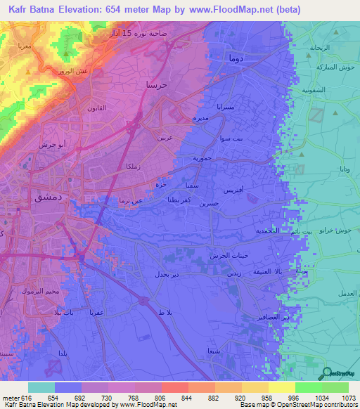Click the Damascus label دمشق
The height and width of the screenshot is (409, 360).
click(49, 198)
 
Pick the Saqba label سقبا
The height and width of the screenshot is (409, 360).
click(191, 186)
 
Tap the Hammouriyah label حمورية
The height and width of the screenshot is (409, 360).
click(207, 159)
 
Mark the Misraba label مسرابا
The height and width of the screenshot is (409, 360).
click(229, 107)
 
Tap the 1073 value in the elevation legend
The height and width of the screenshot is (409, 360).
click(346, 398)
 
